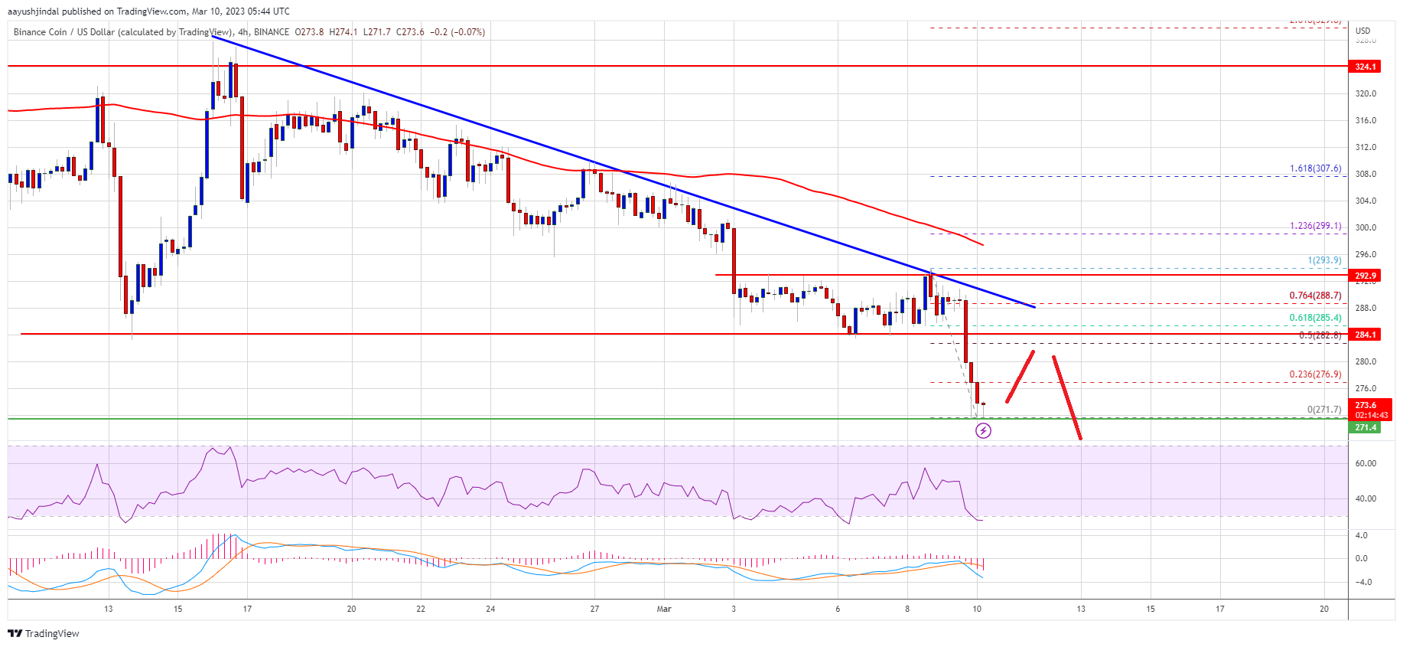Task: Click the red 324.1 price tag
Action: point(1366,67)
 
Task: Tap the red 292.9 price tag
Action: point(1366,276)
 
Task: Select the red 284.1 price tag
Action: point(1366,335)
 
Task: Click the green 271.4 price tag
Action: point(1366,427)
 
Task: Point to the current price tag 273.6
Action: point(1366,405)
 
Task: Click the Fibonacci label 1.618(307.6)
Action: point(1315,169)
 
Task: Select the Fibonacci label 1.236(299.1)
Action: point(1315,226)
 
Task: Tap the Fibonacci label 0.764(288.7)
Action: point(1315,296)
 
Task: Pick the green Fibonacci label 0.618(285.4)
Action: point(1315,318)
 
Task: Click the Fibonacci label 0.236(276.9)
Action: point(1315,374)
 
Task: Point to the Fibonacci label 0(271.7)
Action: point(1323,410)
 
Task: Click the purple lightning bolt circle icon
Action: point(983,431)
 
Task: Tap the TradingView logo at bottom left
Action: point(44,633)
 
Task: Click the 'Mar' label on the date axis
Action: point(664,609)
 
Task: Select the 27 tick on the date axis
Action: point(594,609)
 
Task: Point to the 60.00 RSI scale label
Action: point(1366,463)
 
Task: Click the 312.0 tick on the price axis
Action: point(1366,147)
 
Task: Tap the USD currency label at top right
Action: point(1362,31)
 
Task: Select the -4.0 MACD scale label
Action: point(1362,582)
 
